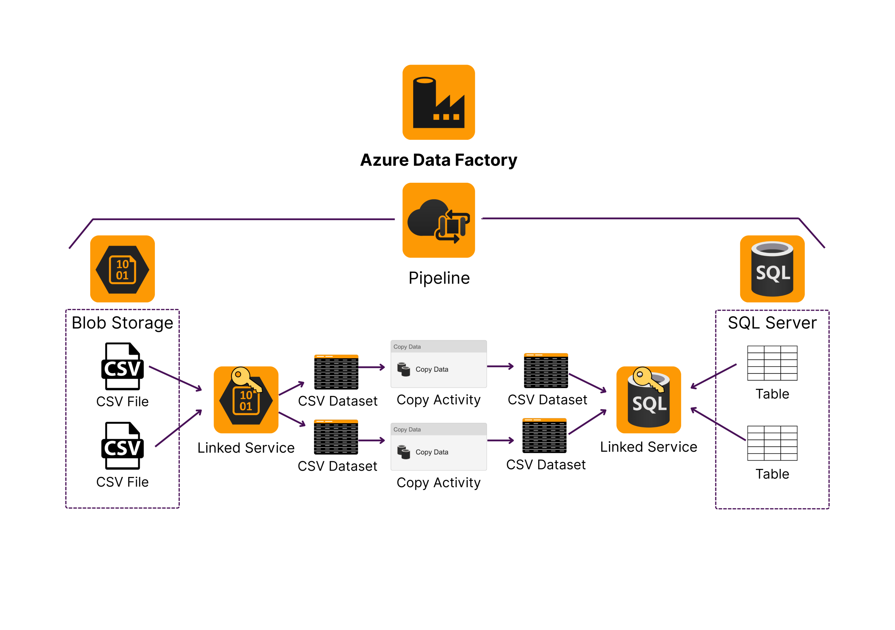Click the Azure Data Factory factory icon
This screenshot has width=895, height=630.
pos(438,102)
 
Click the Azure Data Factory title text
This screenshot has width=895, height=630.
pos(438,160)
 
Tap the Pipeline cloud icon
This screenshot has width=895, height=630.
pos(438,220)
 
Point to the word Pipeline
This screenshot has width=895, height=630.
pos(439,278)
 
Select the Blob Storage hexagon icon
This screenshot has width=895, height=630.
pos(122,269)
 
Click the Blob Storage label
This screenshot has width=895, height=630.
pos(122,323)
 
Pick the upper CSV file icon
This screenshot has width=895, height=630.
pos(122,366)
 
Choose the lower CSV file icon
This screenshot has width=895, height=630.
pos(122,446)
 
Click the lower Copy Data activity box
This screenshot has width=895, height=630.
pos(438,447)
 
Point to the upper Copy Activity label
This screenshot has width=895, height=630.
pos(438,400)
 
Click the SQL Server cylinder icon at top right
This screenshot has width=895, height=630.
pos(772,269)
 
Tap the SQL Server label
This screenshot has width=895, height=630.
pos(772,323)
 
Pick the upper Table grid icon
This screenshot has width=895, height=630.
pos(772,363)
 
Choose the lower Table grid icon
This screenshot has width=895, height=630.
pos(772,443)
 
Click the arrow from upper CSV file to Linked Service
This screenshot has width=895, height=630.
pos(176,378)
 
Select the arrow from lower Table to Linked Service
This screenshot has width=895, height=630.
pos(718,424)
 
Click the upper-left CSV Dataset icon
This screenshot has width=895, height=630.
pos(336,372)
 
